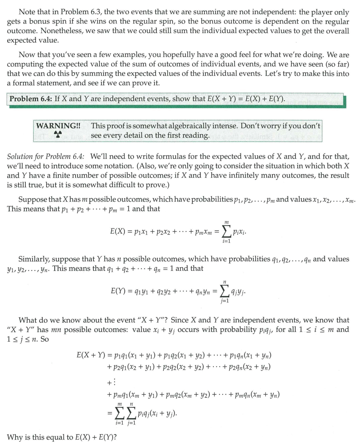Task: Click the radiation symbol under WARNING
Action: (57, 134)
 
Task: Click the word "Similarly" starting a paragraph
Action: (33, 259)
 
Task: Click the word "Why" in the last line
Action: (14, 437)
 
